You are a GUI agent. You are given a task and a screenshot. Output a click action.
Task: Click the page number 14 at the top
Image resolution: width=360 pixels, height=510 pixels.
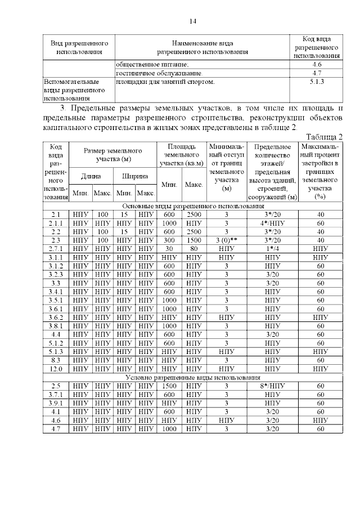coord(192,21)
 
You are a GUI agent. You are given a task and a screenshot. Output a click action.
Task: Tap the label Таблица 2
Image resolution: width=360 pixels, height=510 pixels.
coord(325,137)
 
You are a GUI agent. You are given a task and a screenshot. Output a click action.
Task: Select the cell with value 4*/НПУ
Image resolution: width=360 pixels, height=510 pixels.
coord(272,223)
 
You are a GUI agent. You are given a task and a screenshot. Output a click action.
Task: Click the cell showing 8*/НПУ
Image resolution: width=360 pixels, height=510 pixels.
coord(272,386)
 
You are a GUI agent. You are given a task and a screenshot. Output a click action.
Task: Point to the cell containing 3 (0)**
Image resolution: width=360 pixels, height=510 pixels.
coord(227,240)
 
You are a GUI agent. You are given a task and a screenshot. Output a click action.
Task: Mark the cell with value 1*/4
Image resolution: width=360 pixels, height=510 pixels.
coord(272,249)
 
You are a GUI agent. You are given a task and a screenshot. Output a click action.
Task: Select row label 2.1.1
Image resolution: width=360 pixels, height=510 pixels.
coord(56,223)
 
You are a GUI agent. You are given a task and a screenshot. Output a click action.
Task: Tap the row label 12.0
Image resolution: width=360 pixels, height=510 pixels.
coord(56,369)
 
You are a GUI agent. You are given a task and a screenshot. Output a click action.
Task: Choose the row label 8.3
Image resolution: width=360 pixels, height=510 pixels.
coord(56,360)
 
